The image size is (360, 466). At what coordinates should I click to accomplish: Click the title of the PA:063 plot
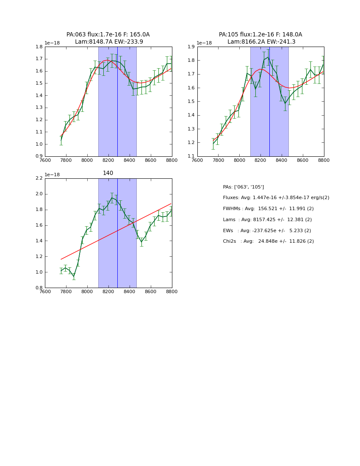pyautogui.click(x=108, y=38)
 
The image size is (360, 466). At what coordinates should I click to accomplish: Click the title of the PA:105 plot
pyautogui.click(x=260, y=38)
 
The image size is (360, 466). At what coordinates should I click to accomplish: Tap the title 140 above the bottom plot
pyautogui.click(x=108, y=173)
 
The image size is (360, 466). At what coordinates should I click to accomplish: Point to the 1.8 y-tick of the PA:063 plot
pyautogui.click(x=39, y=47)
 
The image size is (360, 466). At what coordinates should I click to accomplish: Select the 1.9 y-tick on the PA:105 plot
pyautogui.click(x=191, y=47)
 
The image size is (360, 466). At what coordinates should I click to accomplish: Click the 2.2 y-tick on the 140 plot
pyautogui.click(x=39, y=178)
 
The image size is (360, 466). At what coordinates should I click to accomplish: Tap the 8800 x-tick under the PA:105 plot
pyautogui.click(x=324, y=161)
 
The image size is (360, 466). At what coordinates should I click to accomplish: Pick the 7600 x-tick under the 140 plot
pyautogui.click(x=45, y=292)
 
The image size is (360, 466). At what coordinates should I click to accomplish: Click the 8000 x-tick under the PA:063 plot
pyautogui.click(x=87, y=161)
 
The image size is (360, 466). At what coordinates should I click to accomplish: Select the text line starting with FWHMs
pyautogui.click(x=268, y=208)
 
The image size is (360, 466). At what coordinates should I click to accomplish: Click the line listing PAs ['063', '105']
pyautogui.click(x=243, y=187)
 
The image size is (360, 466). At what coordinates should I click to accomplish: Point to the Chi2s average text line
pyautogui.click(x=268, y=241)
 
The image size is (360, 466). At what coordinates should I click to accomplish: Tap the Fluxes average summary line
pyautogui.click(x=276, y=198)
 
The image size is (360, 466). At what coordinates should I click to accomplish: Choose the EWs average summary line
pyautogui.click(x=267, y=230)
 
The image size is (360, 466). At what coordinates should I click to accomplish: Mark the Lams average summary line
pyautogui.click(x=267, y=219)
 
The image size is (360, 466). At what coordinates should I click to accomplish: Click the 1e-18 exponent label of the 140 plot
pyautogui.click(x=52, y=175)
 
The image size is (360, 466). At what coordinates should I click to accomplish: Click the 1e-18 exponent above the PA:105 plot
pyautogui.click(x=204, y=43)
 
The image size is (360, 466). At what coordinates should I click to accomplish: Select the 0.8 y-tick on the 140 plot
pyautogui.click(x=39, y=288)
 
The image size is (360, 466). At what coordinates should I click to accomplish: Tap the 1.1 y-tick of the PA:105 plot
pyautogui.click(x=191, y=156)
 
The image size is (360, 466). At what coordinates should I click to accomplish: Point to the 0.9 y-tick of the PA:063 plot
pyautogui.click(x=39, y=156)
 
